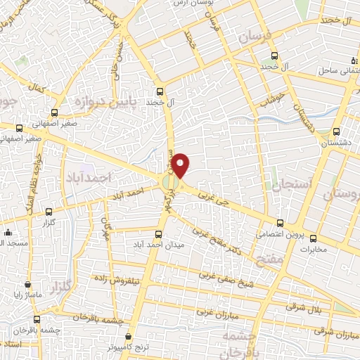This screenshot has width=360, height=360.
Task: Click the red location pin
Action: (x=181, y=165)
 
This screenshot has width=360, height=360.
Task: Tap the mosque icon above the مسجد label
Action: (x=7, y=233)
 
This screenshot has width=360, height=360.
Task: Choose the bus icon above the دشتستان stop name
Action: (x=335, y=131)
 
